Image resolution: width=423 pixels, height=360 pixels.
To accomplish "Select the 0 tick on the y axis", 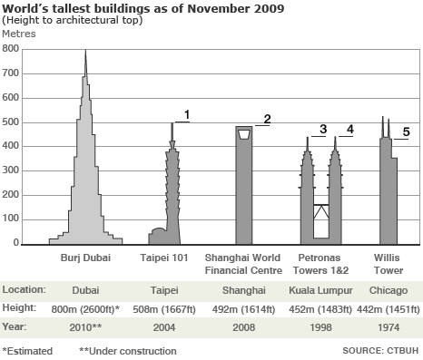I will pyautogui.click(x=15, y=243).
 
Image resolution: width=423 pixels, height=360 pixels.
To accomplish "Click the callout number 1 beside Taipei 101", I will pyautogui.click(x=186, y=114).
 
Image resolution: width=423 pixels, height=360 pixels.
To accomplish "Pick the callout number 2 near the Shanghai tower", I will pyautogui.click(x=267, y=119).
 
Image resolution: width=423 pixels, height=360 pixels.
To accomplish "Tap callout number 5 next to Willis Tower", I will pyautogui.click(x=406, y=132).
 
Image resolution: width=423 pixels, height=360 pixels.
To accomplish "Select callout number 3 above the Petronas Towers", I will pyautogui.click(x=322, y=130).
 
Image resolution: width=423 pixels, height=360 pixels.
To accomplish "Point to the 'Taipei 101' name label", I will pyautogui.click(x=164, y=258).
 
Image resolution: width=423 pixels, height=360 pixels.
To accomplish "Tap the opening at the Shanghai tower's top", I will pyautogui.click(x=243, y=134).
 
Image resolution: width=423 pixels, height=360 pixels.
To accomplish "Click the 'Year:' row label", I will pyautogui.click(x=17, y=326).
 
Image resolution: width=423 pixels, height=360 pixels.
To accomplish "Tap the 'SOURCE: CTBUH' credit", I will pyautogui.click(x=381, y=350).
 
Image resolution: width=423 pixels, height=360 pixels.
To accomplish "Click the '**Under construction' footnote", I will pyautogui.click(x=128, y=350).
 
